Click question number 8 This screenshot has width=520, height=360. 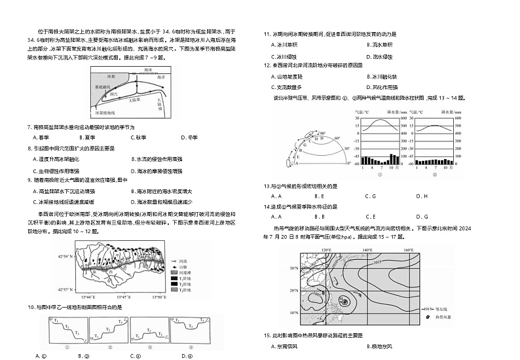pyautogui.click(x=29, y=149)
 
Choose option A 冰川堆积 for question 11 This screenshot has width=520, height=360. pyautogui.click(x=286, y=45)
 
